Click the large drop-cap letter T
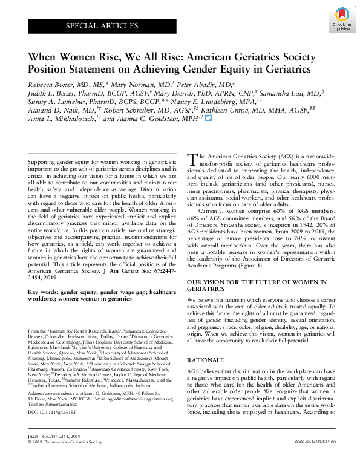(194, 158)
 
